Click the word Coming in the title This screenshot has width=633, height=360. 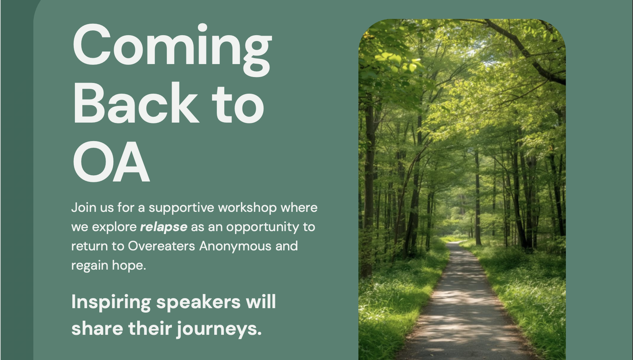pyautogui.click(x=172, y=49)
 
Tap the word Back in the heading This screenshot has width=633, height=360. pyautogui.click(x=135, y=103)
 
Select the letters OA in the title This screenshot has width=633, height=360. pyautogui.click(x=111, y=162)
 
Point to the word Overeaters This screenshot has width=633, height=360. pyautogui.click(x=161, y=246)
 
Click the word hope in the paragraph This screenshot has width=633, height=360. pyautogui.click(x=129, y=266)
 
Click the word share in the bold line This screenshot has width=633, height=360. pyautogui.click(x=97, y=329)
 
